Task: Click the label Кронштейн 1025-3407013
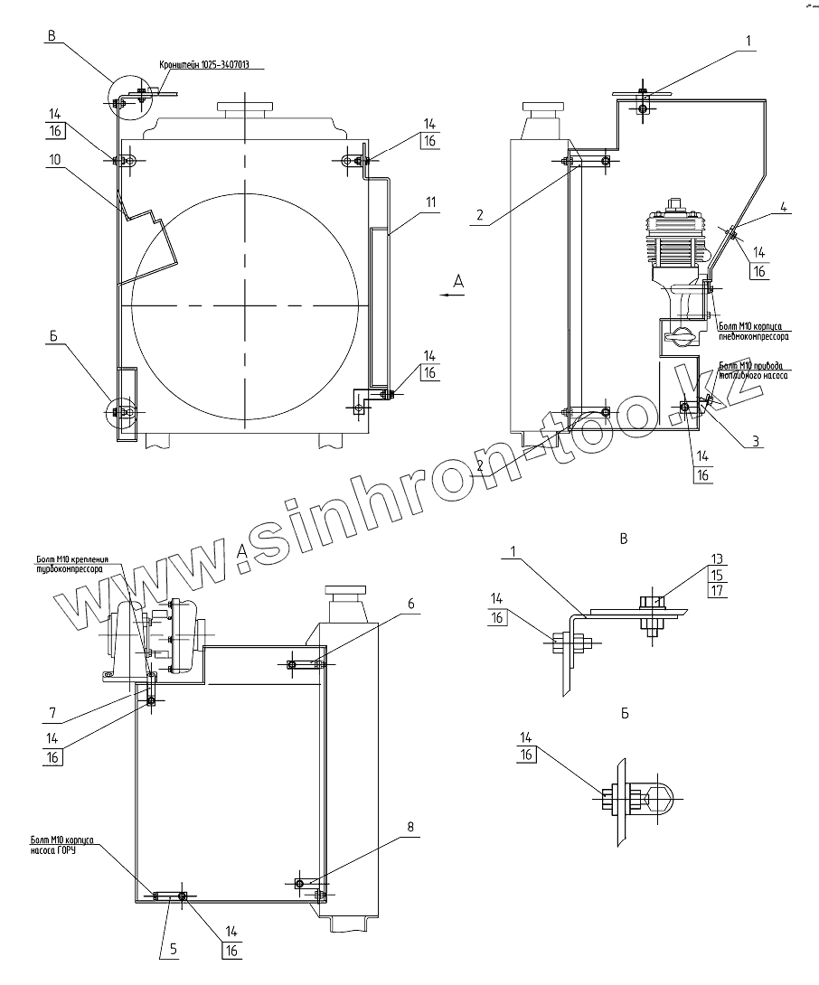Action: coord(205,65)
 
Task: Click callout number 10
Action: coord(54,160)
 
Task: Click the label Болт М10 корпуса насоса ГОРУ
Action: coord(61,845)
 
